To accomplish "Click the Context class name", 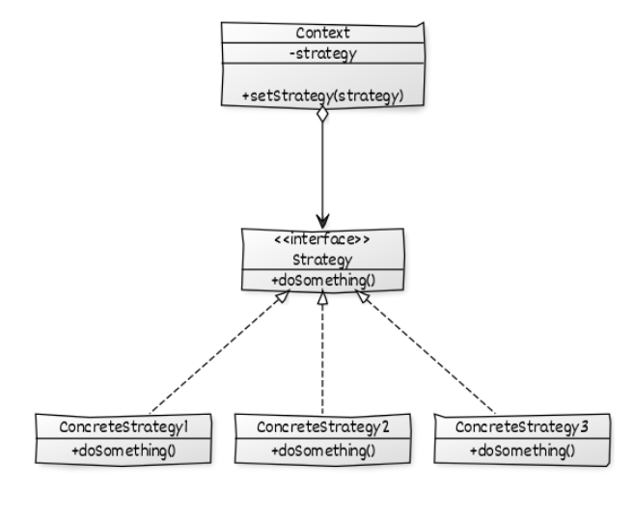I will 323,32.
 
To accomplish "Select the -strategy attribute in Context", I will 323,53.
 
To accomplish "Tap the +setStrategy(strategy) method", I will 323,95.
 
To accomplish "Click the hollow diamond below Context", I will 323,115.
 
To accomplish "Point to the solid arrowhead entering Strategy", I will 323,219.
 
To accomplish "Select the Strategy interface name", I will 323,260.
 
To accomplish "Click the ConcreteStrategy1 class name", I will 122,426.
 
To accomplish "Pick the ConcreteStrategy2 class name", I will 321,426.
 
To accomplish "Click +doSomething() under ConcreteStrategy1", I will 122,450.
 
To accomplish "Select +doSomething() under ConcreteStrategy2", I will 321,450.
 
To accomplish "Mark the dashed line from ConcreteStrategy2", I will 322,357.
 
